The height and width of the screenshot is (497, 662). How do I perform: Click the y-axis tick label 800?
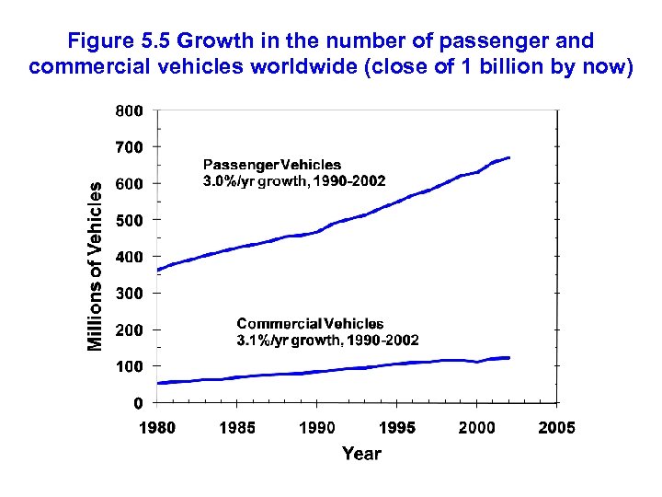(x=129, y=110)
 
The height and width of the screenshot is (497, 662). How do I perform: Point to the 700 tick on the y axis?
(x=129, y=147)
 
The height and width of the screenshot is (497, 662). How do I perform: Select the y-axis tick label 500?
(x=129, y=220)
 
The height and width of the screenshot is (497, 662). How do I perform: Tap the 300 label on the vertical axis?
(x=129, y=293)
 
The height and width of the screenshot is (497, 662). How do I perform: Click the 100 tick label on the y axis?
(x=129, y=366)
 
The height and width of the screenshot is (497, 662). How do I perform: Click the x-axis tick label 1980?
(x=157, y=428)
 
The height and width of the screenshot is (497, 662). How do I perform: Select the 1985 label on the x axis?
(x=237, y=428)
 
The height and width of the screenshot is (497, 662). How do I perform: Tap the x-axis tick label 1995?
(x=397, y=428)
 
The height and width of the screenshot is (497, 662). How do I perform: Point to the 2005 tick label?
(x=556, y=428)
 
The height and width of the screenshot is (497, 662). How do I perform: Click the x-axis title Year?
(x=361, y=453)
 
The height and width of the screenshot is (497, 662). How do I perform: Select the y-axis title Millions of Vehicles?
(x=95, y=264)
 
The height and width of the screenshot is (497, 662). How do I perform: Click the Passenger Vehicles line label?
(x=271, y=165)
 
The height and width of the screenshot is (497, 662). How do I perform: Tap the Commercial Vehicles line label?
(x=310, y=324)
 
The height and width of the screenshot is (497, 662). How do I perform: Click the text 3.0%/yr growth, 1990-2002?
(x=293, y=180)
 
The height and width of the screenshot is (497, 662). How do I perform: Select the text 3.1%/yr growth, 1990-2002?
(x=327, y=340)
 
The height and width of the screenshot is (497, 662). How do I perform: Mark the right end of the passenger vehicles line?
(x=508, y=158)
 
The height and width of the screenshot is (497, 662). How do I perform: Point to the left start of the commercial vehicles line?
(x=159, y=383)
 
